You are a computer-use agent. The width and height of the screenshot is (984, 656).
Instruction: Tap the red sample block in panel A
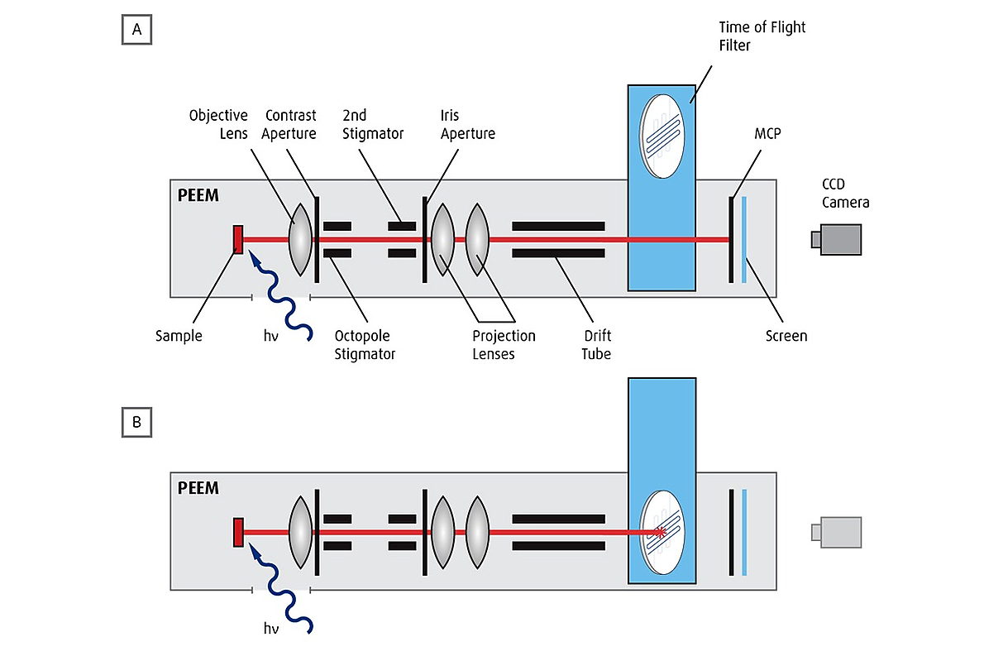[x=238, y=239]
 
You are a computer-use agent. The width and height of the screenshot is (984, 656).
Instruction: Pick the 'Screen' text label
[x=786, y=336]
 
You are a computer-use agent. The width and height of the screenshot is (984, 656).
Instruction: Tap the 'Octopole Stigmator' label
[x=362, y=344]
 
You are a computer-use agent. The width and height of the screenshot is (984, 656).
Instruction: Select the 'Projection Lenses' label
[x=504, y=344]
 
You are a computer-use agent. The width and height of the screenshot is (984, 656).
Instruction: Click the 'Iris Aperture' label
[x=467, y=124]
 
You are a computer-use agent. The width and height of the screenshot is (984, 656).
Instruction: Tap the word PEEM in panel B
[x=198, y=487]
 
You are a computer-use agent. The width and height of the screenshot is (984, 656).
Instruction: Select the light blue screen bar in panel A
[x=744, y=239]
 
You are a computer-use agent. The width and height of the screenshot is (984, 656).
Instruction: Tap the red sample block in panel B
[x=238, y=531]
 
